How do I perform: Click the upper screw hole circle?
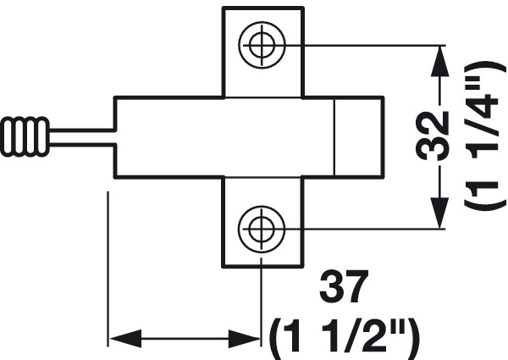[262, 44]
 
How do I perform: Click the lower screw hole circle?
[262, 229]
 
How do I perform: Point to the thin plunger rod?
[82, 136]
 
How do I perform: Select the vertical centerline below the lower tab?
[262, 305]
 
